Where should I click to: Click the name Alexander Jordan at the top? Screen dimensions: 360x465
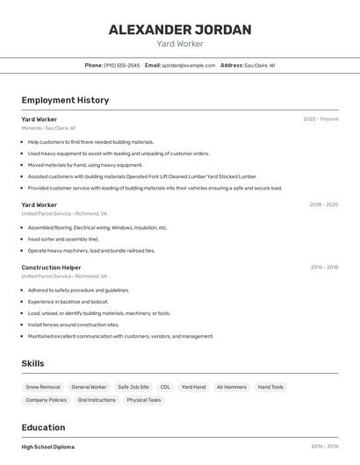(x=180, y=30)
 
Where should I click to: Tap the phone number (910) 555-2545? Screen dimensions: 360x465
(x=121, y=65)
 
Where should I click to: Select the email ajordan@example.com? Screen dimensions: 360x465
(x=188, y=65)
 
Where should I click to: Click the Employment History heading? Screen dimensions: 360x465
(x=65, y=100)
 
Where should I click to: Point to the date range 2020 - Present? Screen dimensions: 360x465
(x=320, y=119)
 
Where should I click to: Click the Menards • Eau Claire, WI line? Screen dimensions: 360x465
(x=48, y=128)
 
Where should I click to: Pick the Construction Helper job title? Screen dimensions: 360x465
(x=51, y=268)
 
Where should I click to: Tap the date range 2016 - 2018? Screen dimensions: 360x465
(x=324, y=268)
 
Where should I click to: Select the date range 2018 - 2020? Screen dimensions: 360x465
(x=323, y=205)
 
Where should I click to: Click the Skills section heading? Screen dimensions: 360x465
(x=33, y=363)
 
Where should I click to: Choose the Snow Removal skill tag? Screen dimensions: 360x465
(x=43, y=387)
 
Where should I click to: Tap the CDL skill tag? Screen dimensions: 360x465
(x=165, y=387)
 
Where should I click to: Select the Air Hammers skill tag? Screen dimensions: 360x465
(x=231, y=387)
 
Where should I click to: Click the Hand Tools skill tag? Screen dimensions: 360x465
(x=270, y=387)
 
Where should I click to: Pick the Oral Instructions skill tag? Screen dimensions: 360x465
(x=97, y=400)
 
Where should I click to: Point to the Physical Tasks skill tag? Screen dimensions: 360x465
(x=144, y=400)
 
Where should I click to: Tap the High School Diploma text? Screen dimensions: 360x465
(x=48, y=447)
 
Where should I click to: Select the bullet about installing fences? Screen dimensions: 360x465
(x=74, y=325)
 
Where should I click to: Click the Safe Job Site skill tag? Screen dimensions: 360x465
(x=133, y=387)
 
